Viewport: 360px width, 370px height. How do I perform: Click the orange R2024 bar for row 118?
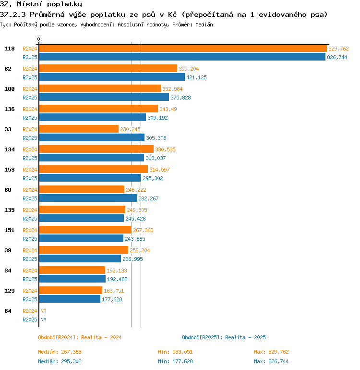coord(183,49)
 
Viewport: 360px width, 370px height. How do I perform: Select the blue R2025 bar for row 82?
coord(112,77)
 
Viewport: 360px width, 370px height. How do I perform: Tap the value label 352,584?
coord(172,89)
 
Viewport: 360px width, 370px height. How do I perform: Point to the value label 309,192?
coord(157,118)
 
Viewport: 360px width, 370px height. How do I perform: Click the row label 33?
coord(8,129)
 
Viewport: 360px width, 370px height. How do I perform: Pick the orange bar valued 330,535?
coord(96,149)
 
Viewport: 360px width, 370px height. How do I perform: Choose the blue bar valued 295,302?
coord(90,178)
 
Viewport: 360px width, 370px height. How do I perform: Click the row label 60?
coord(8,190)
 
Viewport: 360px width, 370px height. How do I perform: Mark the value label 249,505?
coord(137,210)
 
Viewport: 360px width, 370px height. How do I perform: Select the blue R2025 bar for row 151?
coord(81,238)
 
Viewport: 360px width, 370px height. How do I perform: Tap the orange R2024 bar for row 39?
coord(84,250)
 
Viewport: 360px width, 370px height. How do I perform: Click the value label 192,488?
coord(117,279)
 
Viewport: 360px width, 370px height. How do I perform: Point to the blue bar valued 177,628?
coord(70,299)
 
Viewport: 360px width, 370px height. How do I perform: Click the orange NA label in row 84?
coord(43,311)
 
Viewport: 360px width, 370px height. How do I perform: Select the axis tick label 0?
coord(39,39)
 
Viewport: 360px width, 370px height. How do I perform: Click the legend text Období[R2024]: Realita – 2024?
coord(80,337)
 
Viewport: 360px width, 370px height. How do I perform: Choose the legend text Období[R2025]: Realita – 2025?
coord(224,337)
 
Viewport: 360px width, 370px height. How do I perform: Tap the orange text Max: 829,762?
coord(271,352)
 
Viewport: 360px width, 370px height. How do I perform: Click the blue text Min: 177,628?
coord(175,361)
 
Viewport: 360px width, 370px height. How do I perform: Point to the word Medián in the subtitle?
coord(204,25)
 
